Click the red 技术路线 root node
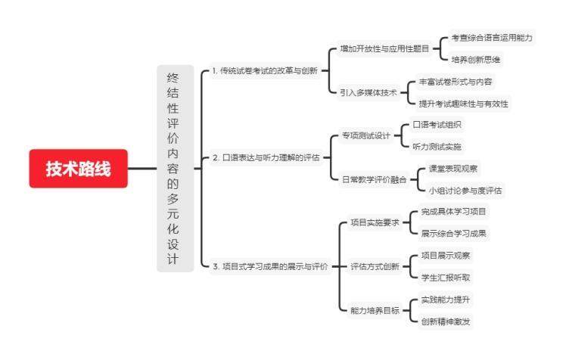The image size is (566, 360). click(78, 169)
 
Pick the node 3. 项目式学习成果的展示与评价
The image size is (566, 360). click(269, 266)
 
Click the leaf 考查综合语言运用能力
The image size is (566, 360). click(492, 37)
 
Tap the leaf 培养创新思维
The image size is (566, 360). click(475, 59)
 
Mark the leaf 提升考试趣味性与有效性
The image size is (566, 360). click(464, 103)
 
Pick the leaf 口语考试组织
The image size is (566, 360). click(437, 125)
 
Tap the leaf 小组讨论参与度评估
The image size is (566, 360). click(465, 190)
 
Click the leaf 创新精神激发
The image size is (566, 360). click(451, 321)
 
